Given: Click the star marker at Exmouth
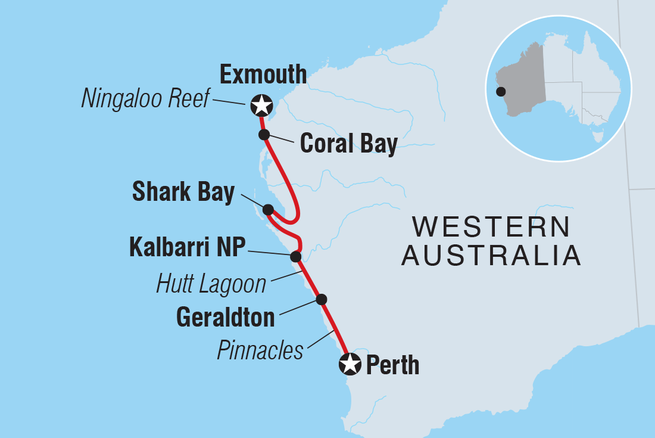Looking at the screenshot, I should point(261,105).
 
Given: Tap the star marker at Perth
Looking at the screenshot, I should point(350,364).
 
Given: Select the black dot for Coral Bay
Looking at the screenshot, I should point(264,134).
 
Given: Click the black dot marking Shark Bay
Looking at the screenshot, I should point(268,210).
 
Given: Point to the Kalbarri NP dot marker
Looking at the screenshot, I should point(295,256).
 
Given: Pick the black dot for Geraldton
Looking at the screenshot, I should point(322,299).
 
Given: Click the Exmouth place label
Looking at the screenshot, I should point(263,75).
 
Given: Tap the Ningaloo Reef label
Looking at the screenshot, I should point(145,100).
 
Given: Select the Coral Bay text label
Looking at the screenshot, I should point(348,144).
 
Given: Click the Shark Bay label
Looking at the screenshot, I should point(183,192).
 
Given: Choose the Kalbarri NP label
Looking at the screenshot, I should point(187,247).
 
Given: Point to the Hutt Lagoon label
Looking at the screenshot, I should point(211,284).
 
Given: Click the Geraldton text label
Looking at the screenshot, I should point(226,317).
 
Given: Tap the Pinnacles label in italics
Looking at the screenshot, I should point(260,350).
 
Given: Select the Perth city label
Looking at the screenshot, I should point(392,365).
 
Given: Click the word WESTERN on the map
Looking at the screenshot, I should point(491,227).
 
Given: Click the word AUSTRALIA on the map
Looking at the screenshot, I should point(491,256).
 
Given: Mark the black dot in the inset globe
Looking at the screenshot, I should point(501,92).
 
